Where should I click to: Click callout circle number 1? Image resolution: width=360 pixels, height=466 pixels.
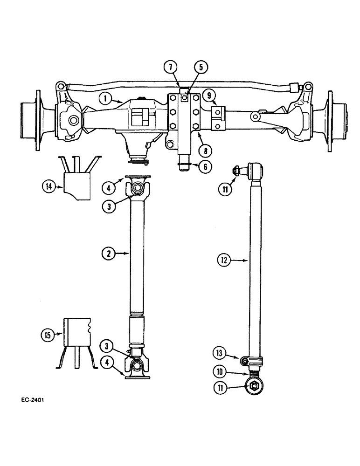click(x=105, y=98)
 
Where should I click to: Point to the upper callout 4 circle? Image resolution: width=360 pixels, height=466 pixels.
click(x=109, y=188)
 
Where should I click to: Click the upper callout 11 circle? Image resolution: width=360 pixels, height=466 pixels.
click(x=226, y=189)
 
